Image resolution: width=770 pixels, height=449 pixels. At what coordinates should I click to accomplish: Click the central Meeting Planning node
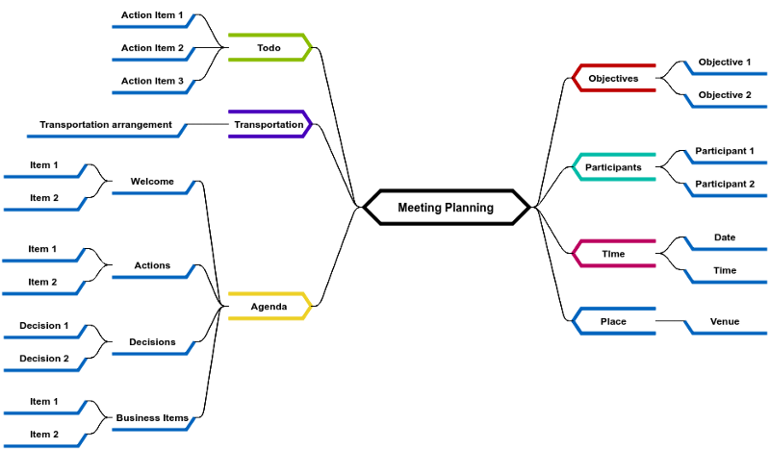(446, 208)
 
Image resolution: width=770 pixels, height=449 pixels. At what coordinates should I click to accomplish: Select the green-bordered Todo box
(269, 47)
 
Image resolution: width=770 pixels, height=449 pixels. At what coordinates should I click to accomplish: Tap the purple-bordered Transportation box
(269, 124)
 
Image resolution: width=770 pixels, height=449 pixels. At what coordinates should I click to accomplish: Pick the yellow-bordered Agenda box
(269, 307)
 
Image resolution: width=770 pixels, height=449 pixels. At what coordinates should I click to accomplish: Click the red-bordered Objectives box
(614, 78)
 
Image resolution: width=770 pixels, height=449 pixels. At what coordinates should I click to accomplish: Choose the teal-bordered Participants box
(614, 167)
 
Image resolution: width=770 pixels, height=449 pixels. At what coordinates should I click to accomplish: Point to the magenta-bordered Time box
(614, 254)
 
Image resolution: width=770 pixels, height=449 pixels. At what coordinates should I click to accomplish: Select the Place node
(614, 321)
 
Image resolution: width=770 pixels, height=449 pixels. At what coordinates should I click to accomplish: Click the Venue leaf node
(726, 321)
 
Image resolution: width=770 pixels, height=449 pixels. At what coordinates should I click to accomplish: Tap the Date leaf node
(726, 237)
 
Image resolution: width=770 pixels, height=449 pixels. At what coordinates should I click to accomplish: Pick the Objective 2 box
(726, 95)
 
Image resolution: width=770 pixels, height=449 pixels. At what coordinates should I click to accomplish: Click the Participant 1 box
(726, 151)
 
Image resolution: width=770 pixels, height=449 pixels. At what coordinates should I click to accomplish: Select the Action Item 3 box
(152, 81)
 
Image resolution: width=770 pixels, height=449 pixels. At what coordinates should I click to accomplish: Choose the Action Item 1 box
(152, 14)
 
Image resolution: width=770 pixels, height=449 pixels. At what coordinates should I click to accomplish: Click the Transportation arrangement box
(106, 124)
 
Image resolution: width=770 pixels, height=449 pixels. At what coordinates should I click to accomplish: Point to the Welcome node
(152, 181)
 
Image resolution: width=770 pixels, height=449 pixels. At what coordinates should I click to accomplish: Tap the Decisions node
(152, 341)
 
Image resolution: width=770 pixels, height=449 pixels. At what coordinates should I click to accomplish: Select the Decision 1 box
(44, 326)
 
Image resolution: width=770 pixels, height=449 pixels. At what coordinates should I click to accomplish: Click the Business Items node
(152, 417)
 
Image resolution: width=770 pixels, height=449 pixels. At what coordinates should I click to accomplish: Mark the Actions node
(152, 265)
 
